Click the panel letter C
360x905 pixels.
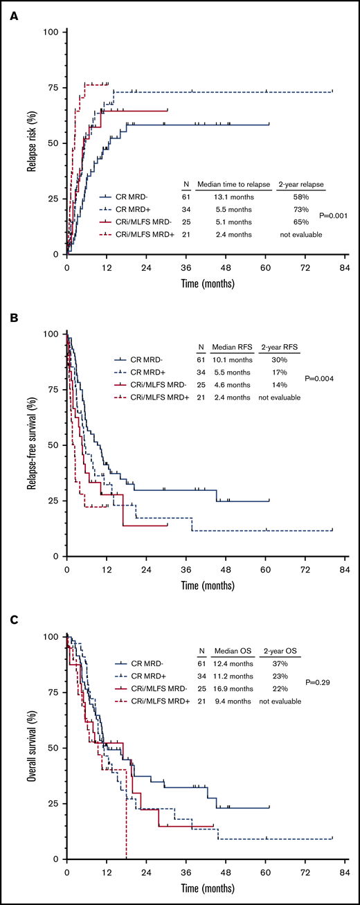pyautogui.click(x=12, y=621)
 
